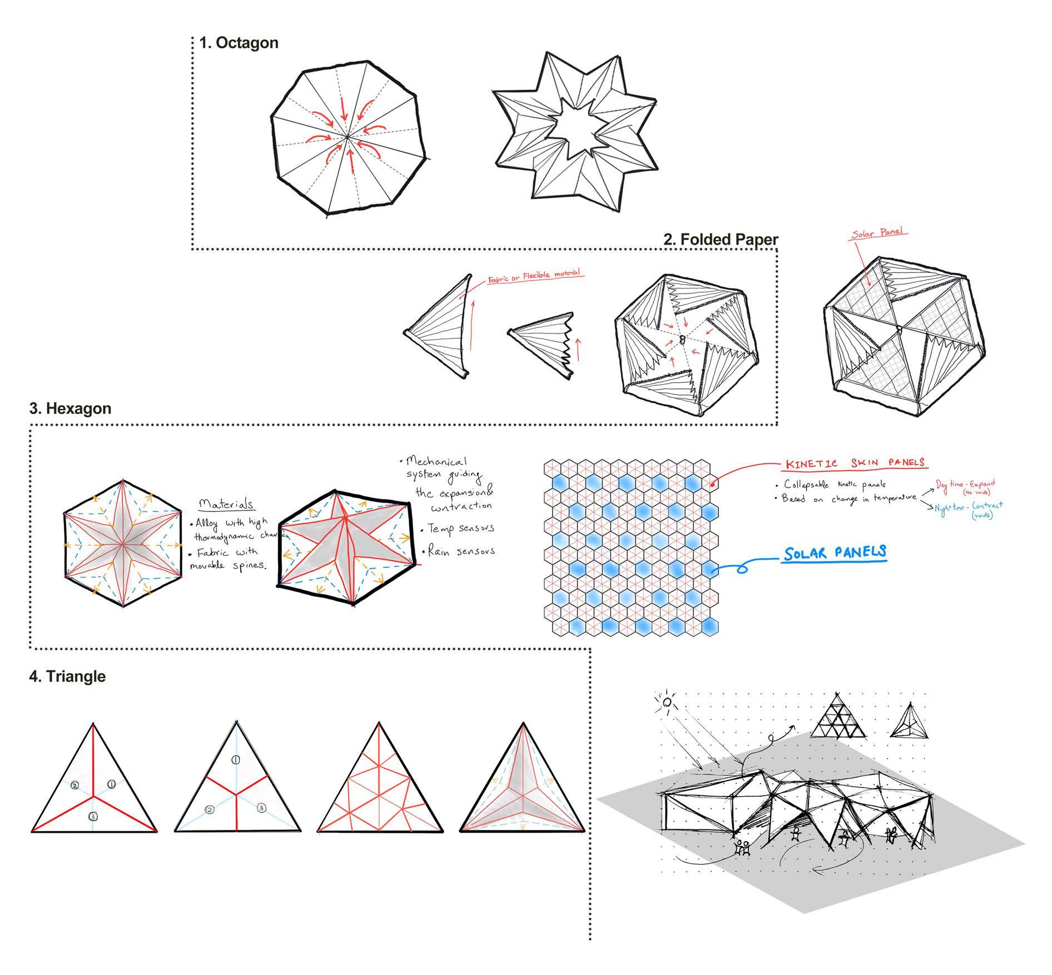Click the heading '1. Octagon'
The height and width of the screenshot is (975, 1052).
[x=239, y=43]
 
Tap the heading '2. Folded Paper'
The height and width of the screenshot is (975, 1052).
[x=721, y=240]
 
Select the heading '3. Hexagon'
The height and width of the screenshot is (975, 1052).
[x=70, y=409]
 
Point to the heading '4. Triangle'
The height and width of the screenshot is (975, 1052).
[x=67, y=676]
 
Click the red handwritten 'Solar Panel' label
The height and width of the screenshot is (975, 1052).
[x=879, y=232]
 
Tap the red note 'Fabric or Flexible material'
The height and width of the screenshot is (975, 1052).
[x=534, y=276]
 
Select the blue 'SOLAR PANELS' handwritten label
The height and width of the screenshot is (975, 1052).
[x=835, y=553]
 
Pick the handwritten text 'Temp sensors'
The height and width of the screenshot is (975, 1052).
[x=460, y=529]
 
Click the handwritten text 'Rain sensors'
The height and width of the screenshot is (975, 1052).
[x=460, y=551]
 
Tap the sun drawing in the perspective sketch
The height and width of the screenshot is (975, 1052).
[x=667, y=703]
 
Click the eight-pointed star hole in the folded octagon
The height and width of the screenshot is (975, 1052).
[x=573, y=126]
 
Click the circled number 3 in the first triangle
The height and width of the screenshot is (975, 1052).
[x=93, y=817]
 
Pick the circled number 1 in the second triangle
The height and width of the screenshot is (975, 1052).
[x=235, y=760]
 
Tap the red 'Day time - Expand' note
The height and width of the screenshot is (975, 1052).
[x=965, y=485]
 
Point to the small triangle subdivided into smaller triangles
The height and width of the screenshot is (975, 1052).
[x=838, y=717]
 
